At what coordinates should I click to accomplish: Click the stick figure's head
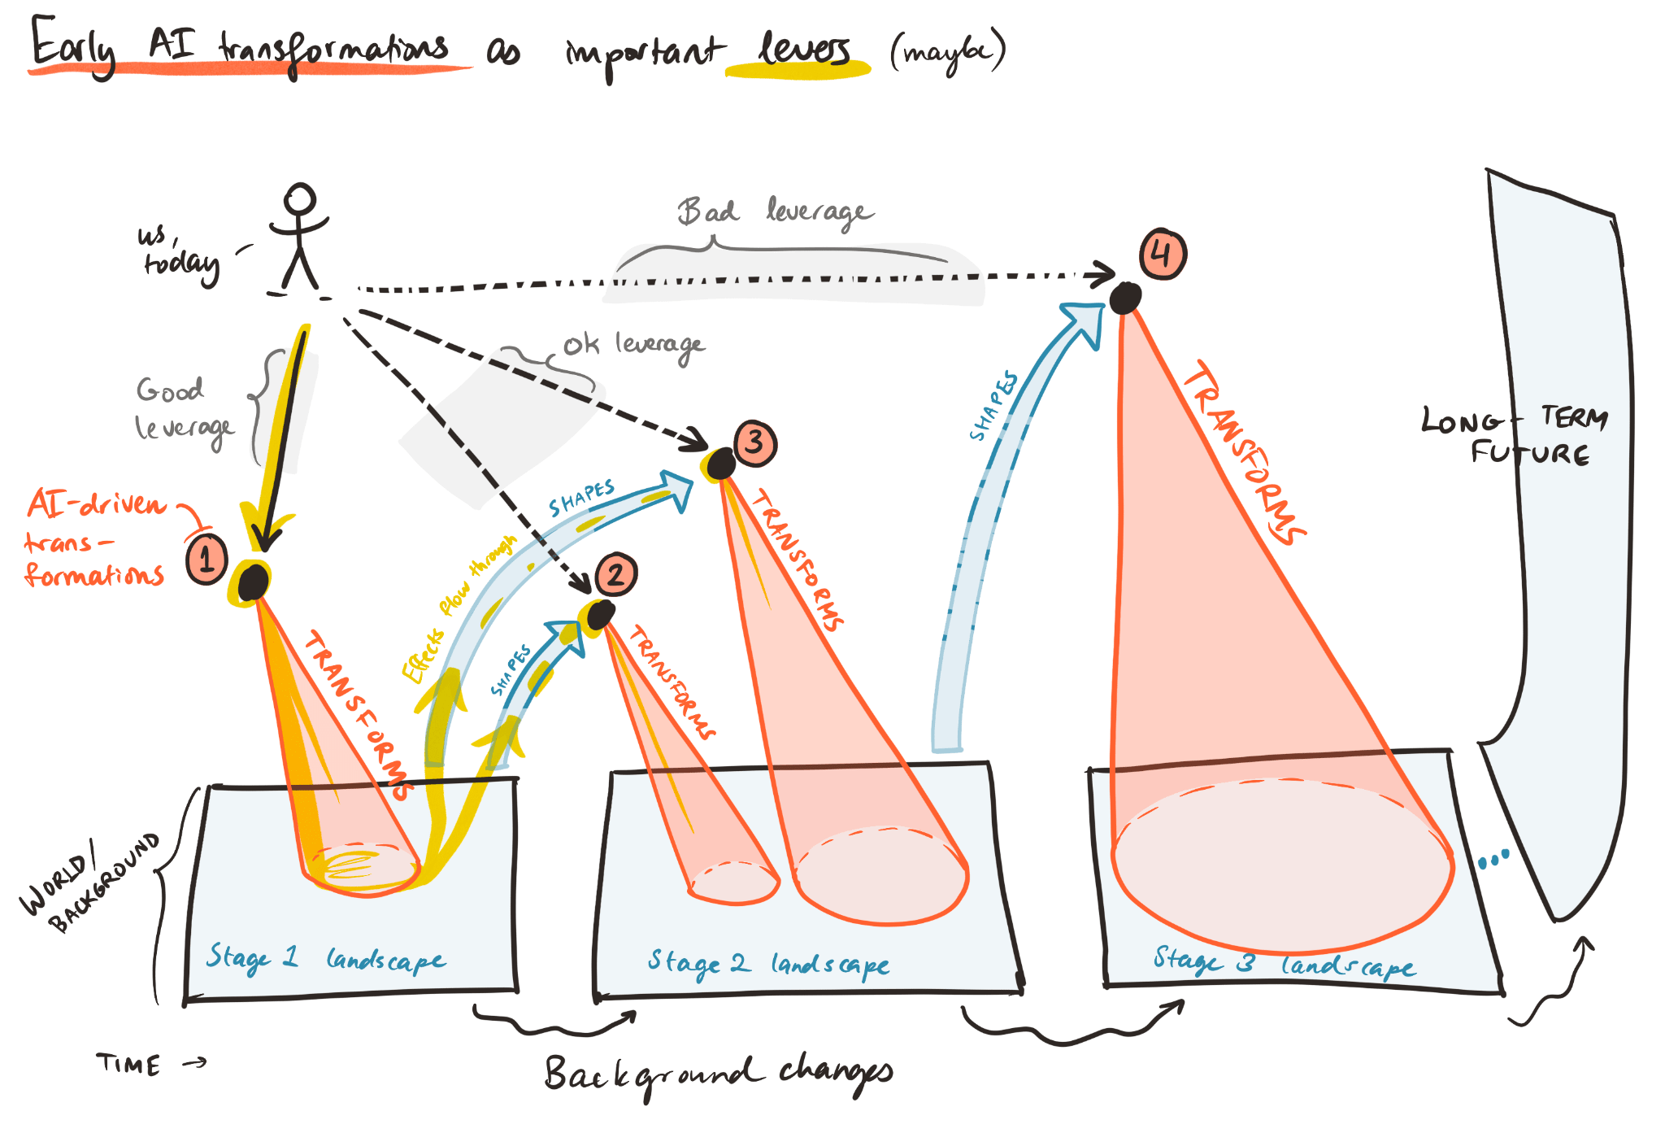(x=299, y=198)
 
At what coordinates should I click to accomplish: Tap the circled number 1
(x=206, y=559)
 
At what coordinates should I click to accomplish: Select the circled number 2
(x=615, y=574)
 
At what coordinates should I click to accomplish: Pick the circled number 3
(x=754, y=443)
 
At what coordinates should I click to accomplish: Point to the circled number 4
(x=1163, y=255)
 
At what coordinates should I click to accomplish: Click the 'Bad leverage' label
(x=776, y=212)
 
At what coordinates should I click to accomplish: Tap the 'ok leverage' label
(x=634, y=345)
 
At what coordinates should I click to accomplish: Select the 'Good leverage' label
(x=183, y=409)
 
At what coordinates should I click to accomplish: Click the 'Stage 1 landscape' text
(x=325, y=959)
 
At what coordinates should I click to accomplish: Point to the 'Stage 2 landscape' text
(x=768, y=964)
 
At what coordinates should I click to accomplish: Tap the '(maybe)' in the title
(x=948, y=52)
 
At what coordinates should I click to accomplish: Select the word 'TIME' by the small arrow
(x=128, y=1064)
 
